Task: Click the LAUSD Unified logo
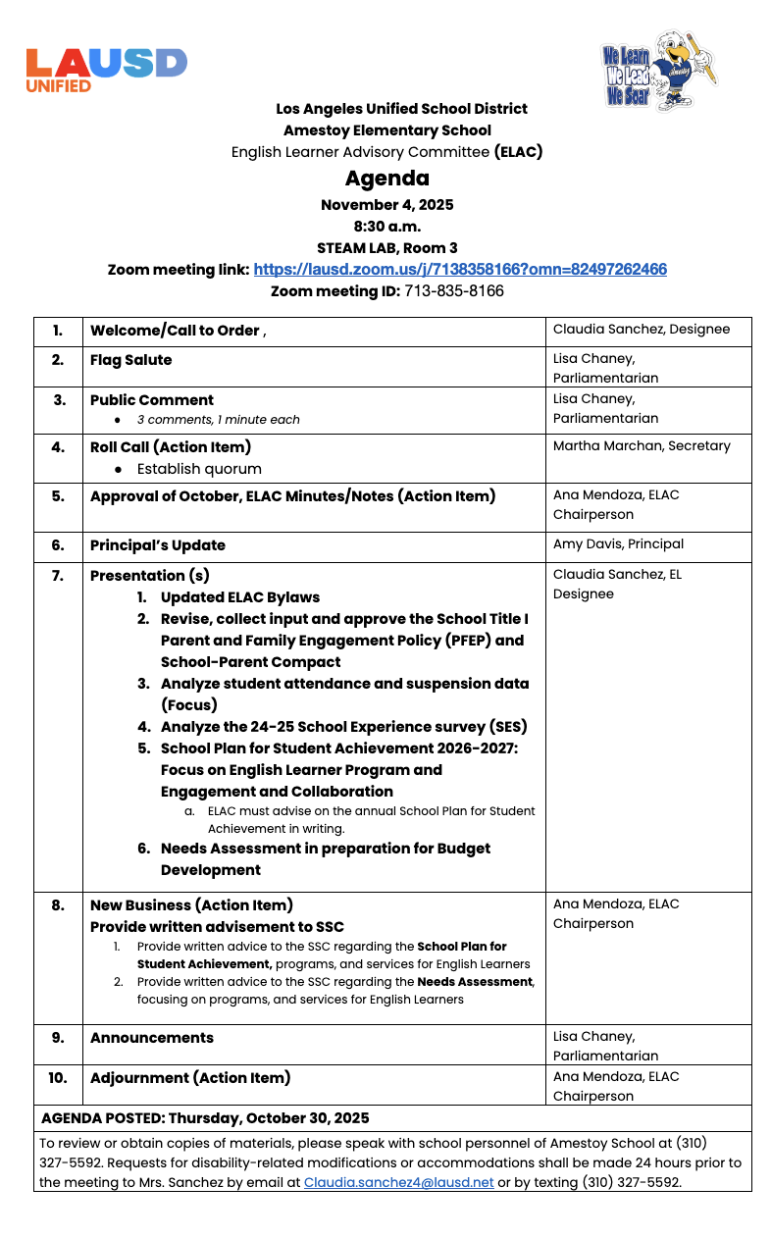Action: coord(106,69)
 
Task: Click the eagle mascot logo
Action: coord(659,71)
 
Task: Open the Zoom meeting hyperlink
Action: coord(460,270)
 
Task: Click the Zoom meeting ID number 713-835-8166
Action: coord(454,291)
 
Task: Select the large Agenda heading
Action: coord(386,179)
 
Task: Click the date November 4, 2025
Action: coord(386,205)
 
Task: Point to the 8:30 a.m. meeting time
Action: coord(386,227)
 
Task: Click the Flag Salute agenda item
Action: coord(130,360)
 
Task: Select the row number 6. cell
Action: coord(58,545)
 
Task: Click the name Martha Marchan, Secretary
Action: coord(642,446)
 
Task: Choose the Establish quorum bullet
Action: coord(199,469)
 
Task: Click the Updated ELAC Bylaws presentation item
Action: coord(240,597)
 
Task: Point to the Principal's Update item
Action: coord(158,545)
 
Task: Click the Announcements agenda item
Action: coord(152,1038)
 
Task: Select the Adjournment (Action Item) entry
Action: coord(190,1078)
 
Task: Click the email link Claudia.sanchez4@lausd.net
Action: coord(398,1183)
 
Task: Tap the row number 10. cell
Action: coord(58,1078)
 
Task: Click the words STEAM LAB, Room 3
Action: coord(386,248)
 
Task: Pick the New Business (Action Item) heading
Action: coord(191,905)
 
